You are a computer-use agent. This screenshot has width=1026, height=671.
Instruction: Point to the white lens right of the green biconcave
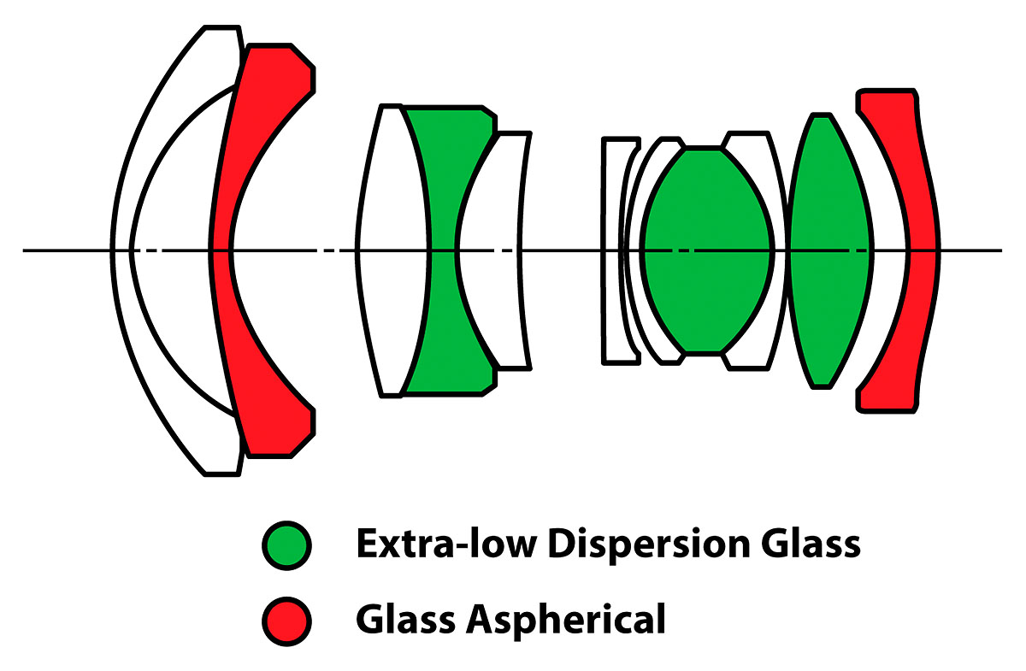coord(489,250)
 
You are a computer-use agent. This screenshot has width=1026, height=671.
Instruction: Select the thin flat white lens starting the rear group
coord(611,250)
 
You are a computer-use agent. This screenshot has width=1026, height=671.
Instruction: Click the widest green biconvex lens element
coord(708,250)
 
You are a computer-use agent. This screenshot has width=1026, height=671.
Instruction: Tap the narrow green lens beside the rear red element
coord(830,250)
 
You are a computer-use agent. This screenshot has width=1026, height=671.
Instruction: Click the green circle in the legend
coord(286,545)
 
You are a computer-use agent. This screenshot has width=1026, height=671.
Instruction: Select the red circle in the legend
coord(286,621)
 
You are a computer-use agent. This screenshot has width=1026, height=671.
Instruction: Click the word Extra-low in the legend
coord(446,544)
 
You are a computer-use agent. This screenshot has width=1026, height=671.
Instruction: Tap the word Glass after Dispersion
coord(811,544)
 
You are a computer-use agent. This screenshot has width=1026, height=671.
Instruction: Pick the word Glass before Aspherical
coord(405,618)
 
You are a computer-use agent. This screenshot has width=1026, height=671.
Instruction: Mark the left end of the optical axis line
coord(24,250)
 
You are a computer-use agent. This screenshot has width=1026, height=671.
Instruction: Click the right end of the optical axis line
coord(1001,250)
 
